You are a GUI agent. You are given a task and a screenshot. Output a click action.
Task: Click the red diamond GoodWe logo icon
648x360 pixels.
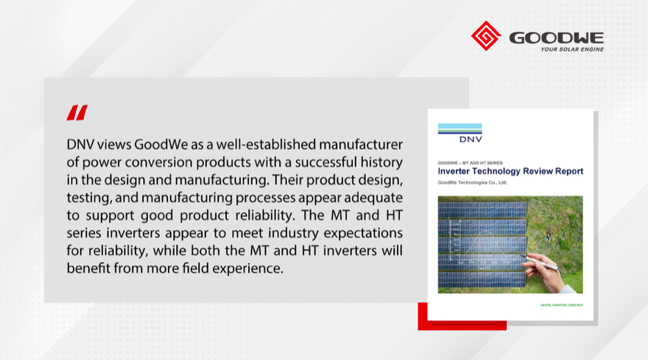click(x=485, y=36)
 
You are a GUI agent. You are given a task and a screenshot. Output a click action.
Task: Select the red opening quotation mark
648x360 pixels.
click(x=77, y=113)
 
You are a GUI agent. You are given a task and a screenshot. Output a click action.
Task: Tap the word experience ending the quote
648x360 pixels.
click(x=247, y=269)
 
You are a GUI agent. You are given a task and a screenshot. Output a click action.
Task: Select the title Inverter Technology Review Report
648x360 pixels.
click(x=510, y=172)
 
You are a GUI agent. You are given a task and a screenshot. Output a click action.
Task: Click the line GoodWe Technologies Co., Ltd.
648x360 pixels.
click(x=473, y=183)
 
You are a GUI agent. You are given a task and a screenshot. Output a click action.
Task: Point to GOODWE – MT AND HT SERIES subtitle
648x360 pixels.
click(x=468, y=161)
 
